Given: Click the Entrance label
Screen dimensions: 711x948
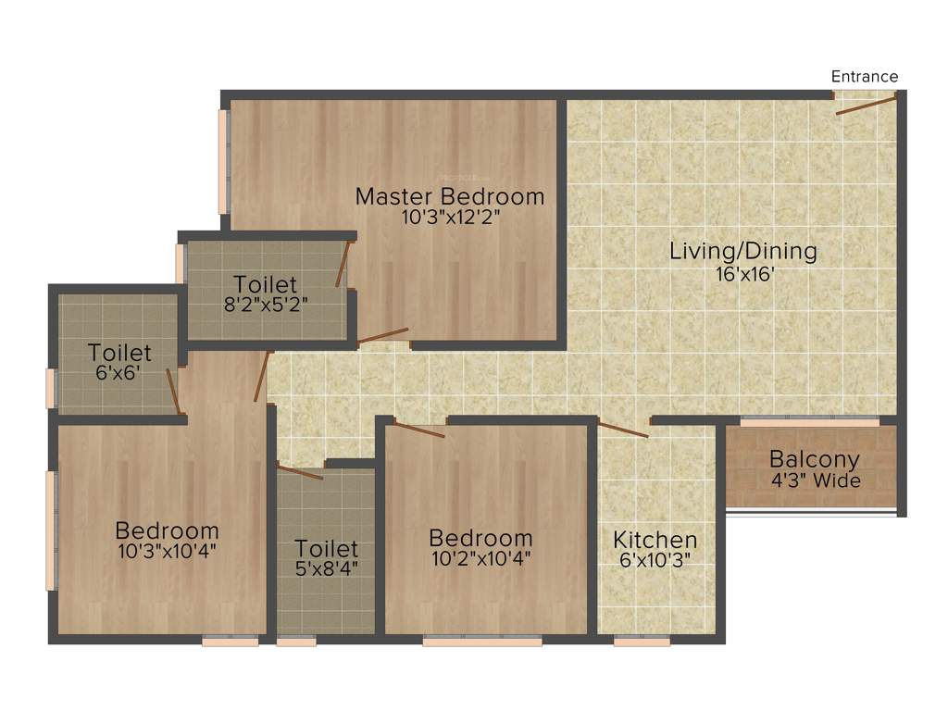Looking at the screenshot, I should [x=865, y=77].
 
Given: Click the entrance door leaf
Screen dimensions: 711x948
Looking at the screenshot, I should [x=867, y=104].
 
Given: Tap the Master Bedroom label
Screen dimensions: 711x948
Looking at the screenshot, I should [x=450, y=196].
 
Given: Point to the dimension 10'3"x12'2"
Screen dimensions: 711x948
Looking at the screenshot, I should [x=450, y=218].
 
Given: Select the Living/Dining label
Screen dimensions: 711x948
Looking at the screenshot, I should [x=743, y=251].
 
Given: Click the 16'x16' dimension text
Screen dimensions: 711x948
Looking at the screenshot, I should [x=743, y=274].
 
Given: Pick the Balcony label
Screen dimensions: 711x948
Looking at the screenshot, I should [x=815, y=459].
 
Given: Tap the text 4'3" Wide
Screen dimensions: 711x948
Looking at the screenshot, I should [x=815, y=480].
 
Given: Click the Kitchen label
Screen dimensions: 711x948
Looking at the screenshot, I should [x=655, y=540].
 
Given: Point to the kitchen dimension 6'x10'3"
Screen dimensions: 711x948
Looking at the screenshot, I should [x=655, y=560].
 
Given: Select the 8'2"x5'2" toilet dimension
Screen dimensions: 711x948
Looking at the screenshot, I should [x=265, y=305].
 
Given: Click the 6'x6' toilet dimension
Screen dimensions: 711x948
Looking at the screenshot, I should [x=118, y=374].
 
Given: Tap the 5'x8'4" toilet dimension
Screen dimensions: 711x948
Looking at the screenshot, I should [x=326, y=568].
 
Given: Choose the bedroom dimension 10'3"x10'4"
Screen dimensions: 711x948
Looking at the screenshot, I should [x=167, y=552].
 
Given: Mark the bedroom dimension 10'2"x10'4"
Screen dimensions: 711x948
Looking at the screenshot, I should [x=480, y=558].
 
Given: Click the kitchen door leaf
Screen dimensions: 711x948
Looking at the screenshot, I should [x=623, y=429].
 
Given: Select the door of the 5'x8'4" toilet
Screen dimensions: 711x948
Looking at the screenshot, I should [x=300, y=472].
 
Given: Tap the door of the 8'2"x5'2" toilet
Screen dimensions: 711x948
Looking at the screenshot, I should [x=343, y=264].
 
